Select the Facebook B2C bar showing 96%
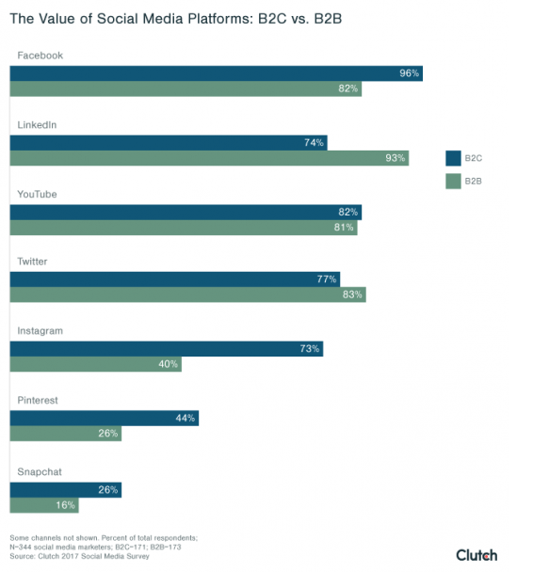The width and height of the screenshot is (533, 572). (216, 73)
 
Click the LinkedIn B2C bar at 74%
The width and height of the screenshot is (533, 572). (169, 142)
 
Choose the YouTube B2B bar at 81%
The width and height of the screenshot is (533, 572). (184, 227)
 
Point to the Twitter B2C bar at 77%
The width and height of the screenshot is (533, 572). (174, 279)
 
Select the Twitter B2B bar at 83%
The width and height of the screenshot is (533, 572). (187, 295)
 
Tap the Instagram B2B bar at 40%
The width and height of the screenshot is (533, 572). (95, 364)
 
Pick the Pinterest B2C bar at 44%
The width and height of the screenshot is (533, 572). (104, 418)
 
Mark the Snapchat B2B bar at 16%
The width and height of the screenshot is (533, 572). (43, 505)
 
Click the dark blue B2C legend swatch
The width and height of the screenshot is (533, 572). (453, 157)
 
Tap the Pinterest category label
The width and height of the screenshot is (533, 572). (38, 400)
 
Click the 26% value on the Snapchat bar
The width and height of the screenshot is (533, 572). (107, 489)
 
